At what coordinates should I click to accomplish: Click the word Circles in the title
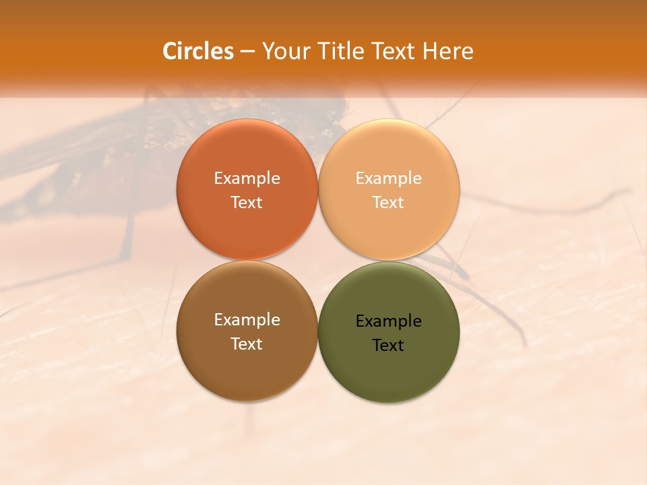pos(198,51)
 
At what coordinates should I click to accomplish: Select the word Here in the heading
pos(448,51)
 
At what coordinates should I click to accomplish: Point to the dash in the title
pos(247,51)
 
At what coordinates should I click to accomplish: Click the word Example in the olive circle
pos(389,321)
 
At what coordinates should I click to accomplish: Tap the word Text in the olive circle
pos(389,346)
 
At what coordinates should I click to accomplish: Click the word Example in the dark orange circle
pos(247,179)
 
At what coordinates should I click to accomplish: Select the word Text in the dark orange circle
pos(247,203)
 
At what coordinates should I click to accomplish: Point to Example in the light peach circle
pos(389,179)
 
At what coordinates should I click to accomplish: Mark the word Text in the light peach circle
pos(389,203)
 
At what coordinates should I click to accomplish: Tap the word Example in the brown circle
pos(247,320)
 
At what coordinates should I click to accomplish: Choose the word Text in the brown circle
pos(247,344)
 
